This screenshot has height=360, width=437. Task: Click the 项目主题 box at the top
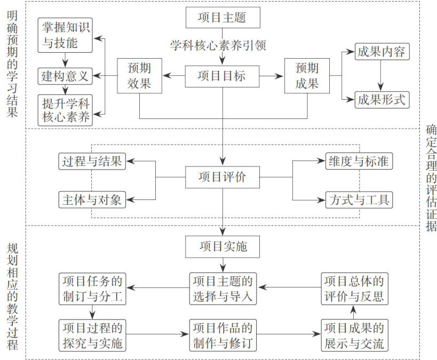pos(223,18)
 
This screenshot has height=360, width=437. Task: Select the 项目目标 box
pos(223,76)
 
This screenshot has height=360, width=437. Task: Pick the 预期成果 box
pos(307,76)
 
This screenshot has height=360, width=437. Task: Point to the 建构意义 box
pos(65,76)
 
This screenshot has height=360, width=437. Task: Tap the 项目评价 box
pos(223,177)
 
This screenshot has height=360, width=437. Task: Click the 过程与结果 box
pos(92,161)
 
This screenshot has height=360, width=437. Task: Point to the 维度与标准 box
pos(359,161)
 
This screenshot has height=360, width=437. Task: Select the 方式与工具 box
pos(359,201)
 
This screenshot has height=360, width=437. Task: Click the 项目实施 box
pos(223,247)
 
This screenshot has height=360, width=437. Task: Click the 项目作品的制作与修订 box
pos(223,335)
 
